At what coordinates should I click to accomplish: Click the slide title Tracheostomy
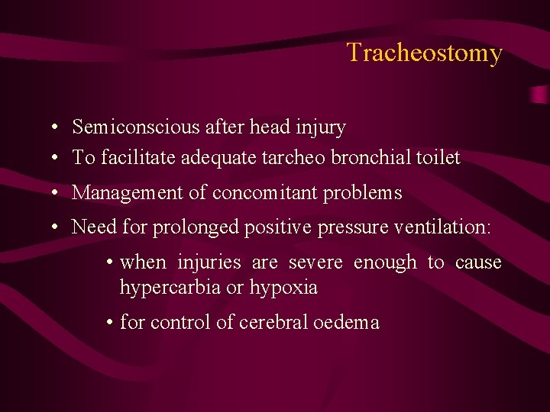click(x=424, y=53)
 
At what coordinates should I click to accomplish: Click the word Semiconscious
click(x=135, y=127)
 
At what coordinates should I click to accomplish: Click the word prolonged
click(x=189, y=227)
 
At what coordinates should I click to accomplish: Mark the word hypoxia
click(x=283, y=288)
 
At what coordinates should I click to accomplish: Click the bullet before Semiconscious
click(x=57, y=127)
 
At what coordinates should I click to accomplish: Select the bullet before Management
click(x=57, y=194)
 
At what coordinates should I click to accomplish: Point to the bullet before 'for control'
click(x=111, y=323)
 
